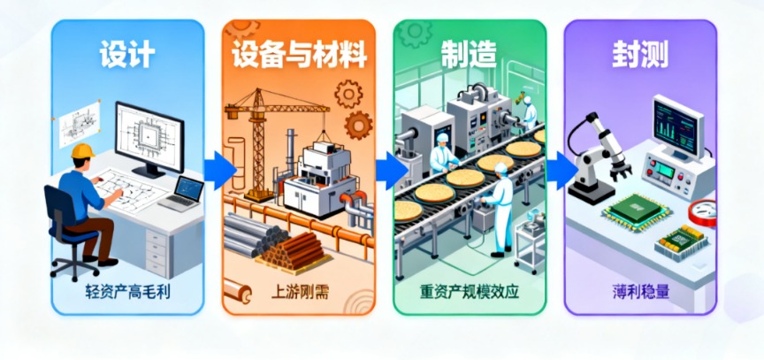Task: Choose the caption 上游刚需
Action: coord(299,292)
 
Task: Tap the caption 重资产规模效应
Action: coord(469,292)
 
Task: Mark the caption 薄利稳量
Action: coord(639,292)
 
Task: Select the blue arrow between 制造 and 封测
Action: coord(562,171)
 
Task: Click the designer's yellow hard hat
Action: coord(83,150)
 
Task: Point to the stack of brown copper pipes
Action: coord(294,249)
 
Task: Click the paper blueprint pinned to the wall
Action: coord(80,124)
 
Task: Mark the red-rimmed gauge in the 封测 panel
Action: coord(703,212)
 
